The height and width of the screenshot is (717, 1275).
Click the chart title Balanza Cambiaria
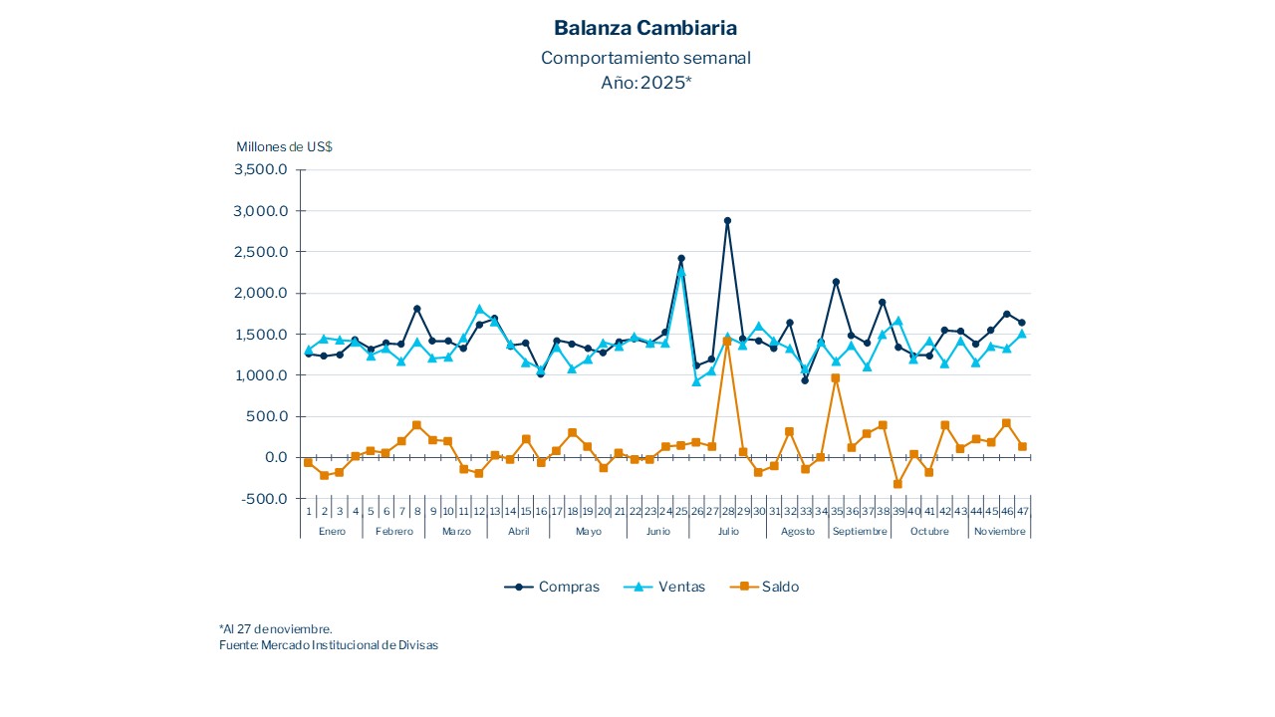645,28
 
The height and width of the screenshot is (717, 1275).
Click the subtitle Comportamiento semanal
645,58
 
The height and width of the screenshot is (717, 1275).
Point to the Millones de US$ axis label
284,146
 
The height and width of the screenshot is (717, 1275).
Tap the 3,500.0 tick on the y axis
260,170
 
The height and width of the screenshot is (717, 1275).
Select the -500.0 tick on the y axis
264,499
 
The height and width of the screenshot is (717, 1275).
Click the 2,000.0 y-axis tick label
260,294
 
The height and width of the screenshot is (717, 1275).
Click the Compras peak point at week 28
727,221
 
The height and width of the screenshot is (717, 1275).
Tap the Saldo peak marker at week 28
727,342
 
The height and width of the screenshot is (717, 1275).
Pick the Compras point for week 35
836,282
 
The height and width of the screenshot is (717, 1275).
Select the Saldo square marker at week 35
836,378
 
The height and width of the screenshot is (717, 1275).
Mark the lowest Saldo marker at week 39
897,484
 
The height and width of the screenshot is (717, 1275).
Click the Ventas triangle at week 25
681,270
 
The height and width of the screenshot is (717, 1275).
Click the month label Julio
728,532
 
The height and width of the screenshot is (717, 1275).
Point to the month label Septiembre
859,532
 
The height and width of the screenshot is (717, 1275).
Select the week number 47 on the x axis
1022,511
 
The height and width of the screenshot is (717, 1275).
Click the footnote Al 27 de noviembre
276,629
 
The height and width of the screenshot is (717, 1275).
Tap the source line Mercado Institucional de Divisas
329,645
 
